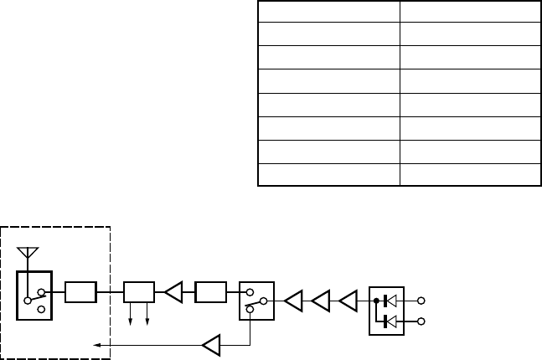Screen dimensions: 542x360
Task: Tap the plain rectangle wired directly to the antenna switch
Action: [x=80, y=293]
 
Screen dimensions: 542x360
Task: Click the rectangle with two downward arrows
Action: [x=139, y=293]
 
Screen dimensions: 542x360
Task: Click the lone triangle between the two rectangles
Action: [x=173, y=293]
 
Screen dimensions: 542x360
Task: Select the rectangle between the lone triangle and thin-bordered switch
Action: [x=209, y=293]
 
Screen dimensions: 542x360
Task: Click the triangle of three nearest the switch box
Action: [x=293, y=300]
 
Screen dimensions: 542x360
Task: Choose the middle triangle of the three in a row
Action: [x=322, y=300]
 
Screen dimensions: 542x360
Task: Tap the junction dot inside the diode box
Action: [x=377, y=300]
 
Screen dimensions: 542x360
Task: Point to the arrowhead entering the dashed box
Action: [x=95, y=343]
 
